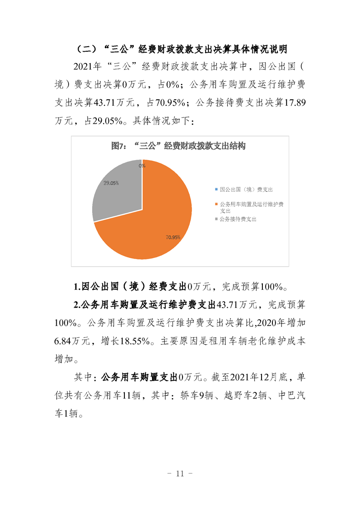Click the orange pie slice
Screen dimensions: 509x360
(154, 218)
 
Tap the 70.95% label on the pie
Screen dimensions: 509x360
(173, 237)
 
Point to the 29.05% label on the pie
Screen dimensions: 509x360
(111, 183)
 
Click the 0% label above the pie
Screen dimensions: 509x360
(142, 166)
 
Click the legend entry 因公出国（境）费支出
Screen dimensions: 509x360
(246, 189)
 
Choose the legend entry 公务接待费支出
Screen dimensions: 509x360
(238, 219)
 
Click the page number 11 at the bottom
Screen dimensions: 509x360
(180, 474)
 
